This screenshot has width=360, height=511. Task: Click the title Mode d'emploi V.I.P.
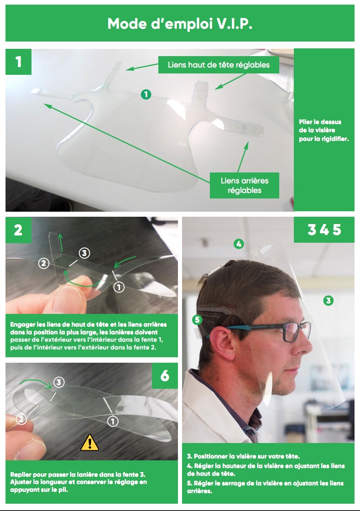(180, 24)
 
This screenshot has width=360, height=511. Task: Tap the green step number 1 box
(19, 62)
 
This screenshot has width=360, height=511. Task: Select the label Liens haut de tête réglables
(219, 65)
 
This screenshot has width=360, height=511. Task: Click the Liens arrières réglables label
(245, 185)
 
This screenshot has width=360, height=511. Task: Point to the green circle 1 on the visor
(146, 94)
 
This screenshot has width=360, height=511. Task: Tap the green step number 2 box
(18, 230)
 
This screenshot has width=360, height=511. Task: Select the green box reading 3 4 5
(324, 230)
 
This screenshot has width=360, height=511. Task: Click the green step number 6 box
(165, 376)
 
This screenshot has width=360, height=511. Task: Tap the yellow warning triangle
(89, 443)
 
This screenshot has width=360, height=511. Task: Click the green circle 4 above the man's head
(239, 244)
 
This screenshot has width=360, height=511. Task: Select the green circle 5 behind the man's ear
(197, 320)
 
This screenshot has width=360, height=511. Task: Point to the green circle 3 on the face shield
(329, 301)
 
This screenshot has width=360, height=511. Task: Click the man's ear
(219, 342)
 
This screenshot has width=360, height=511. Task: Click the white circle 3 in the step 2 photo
(84, 253)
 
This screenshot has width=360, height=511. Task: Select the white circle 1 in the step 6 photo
(113, 421)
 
